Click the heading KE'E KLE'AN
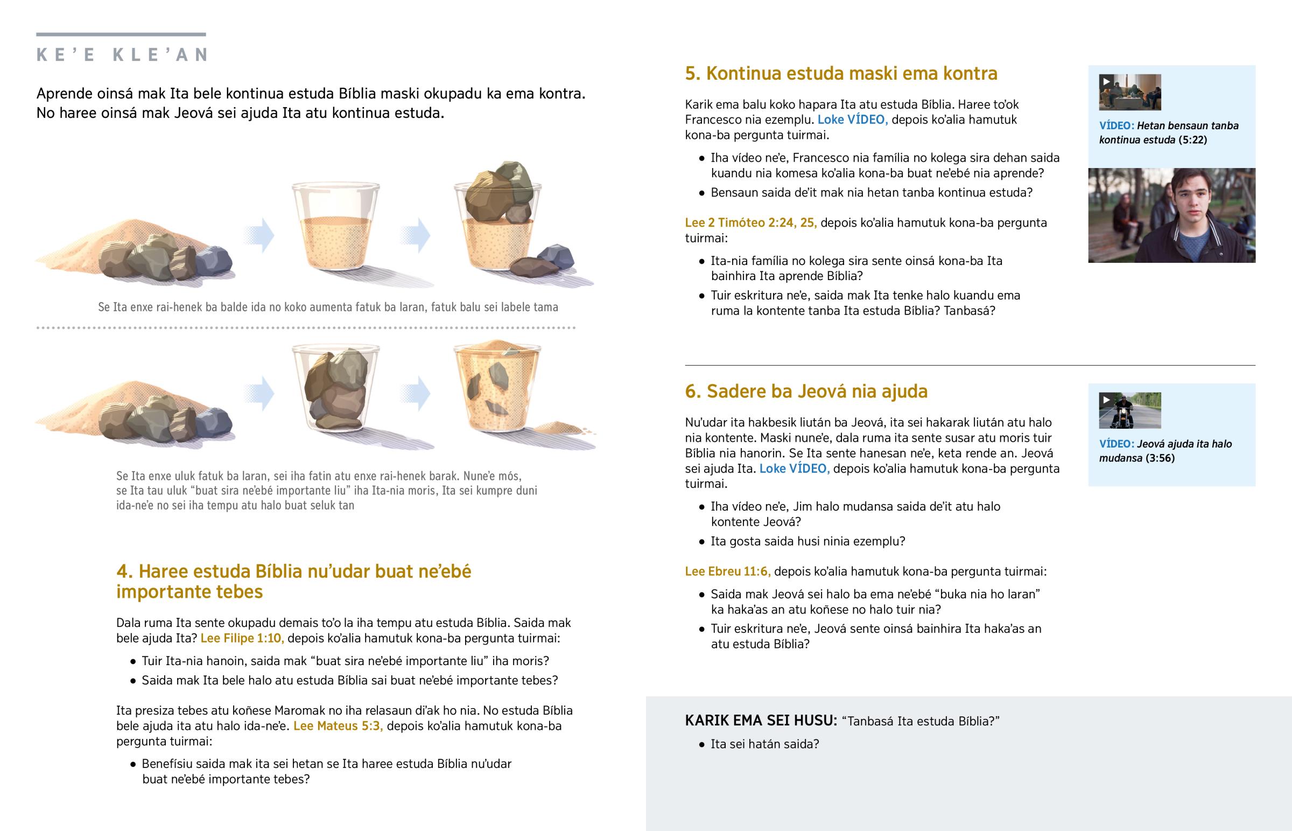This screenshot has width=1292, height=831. [122, 54]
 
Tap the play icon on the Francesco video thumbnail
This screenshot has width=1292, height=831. [1106, 81]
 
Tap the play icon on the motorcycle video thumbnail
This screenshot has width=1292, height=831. [1106, 400]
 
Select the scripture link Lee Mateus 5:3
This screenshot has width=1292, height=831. [338, 726]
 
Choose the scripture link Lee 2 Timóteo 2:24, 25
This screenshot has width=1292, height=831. [750, 223]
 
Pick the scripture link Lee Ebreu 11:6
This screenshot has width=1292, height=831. [727, 571]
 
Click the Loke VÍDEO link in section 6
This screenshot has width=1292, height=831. [794, 469]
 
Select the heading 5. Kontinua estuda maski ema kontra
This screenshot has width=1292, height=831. [841, 73]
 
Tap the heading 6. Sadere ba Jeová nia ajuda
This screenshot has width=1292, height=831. [806, 391]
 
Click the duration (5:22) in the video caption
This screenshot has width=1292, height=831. [1193, 140]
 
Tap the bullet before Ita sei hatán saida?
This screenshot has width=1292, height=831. [701, 745]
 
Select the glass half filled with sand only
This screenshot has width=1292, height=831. [335, 227]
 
